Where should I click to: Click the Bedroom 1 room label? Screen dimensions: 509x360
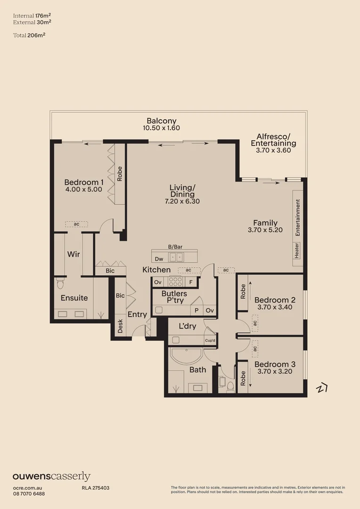point(84,182)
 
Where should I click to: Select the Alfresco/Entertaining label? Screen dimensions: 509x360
point(273,140)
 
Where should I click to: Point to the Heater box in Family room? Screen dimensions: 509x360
point(297,250)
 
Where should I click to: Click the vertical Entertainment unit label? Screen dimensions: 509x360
point(298,217)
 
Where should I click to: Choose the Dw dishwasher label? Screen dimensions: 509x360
point(159,258)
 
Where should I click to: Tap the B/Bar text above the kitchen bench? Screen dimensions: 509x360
point(175,246)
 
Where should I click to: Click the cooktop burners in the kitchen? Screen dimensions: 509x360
point(175,282)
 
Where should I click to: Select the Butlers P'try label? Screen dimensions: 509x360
point(174,297)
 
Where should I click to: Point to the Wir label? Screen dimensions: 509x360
point(74,254)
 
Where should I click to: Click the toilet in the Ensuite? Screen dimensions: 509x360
point(60,284)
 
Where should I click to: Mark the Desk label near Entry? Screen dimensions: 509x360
point(120,327)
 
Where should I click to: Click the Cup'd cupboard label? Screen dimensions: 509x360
point(210,340)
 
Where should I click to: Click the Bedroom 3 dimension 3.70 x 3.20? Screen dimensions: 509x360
point(275,371)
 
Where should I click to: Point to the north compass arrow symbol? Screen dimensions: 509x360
point(322,388)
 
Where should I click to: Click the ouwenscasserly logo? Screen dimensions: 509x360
point(51,476)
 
